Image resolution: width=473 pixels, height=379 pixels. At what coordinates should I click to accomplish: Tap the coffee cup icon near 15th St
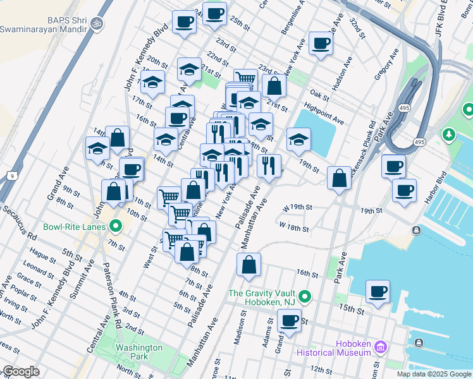[x=378, y=291]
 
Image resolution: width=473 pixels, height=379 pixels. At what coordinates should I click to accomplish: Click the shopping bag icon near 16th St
[x=249, y=265]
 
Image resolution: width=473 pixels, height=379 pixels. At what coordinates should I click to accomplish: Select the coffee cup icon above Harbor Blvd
[x=404, y=190]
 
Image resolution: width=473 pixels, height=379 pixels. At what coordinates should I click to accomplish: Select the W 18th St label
[x=295, y=226]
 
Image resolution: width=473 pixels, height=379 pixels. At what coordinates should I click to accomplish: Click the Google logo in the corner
[x=21, y=371]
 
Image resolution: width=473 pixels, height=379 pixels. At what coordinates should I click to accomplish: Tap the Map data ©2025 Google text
[x=433, y=374]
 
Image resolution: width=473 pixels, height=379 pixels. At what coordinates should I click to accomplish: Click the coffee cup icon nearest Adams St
[x=289, y=320]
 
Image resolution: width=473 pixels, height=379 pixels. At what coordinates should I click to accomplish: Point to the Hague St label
[x=43, y=255]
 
